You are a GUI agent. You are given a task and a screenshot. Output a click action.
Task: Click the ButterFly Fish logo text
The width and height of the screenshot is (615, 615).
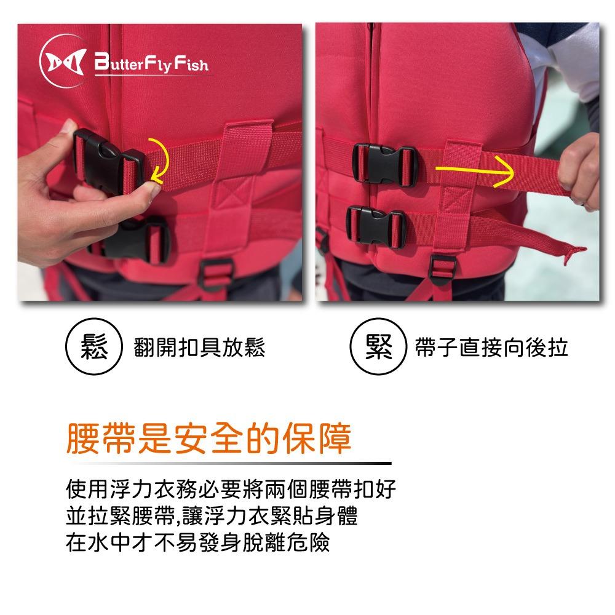[151, 63]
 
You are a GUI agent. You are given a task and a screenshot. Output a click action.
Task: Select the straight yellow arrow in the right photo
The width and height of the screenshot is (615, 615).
[475, 170]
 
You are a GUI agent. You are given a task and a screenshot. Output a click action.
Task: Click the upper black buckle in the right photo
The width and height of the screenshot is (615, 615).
[383, 165]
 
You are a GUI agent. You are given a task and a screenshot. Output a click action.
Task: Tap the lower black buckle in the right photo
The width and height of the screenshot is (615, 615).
[375, 226]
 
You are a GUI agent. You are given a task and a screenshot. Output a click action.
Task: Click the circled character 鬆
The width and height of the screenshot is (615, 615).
[93, 347]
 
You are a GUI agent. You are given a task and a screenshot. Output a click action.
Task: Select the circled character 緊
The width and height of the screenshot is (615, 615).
[378, 347]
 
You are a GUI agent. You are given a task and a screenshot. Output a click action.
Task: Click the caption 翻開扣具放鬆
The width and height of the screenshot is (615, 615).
[199, 347]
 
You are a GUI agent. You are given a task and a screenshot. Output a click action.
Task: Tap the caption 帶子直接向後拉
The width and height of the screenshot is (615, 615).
[491, 347]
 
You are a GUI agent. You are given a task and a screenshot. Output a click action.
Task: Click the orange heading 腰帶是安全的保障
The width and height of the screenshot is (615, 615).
[208, 438]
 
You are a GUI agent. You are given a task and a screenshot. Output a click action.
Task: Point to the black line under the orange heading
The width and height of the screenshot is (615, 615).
[231, 463]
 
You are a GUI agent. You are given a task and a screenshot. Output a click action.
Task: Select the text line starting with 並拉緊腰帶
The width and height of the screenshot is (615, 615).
[212, 515]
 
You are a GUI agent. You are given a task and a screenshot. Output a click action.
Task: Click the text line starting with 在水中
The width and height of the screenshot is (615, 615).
[197, 542]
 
